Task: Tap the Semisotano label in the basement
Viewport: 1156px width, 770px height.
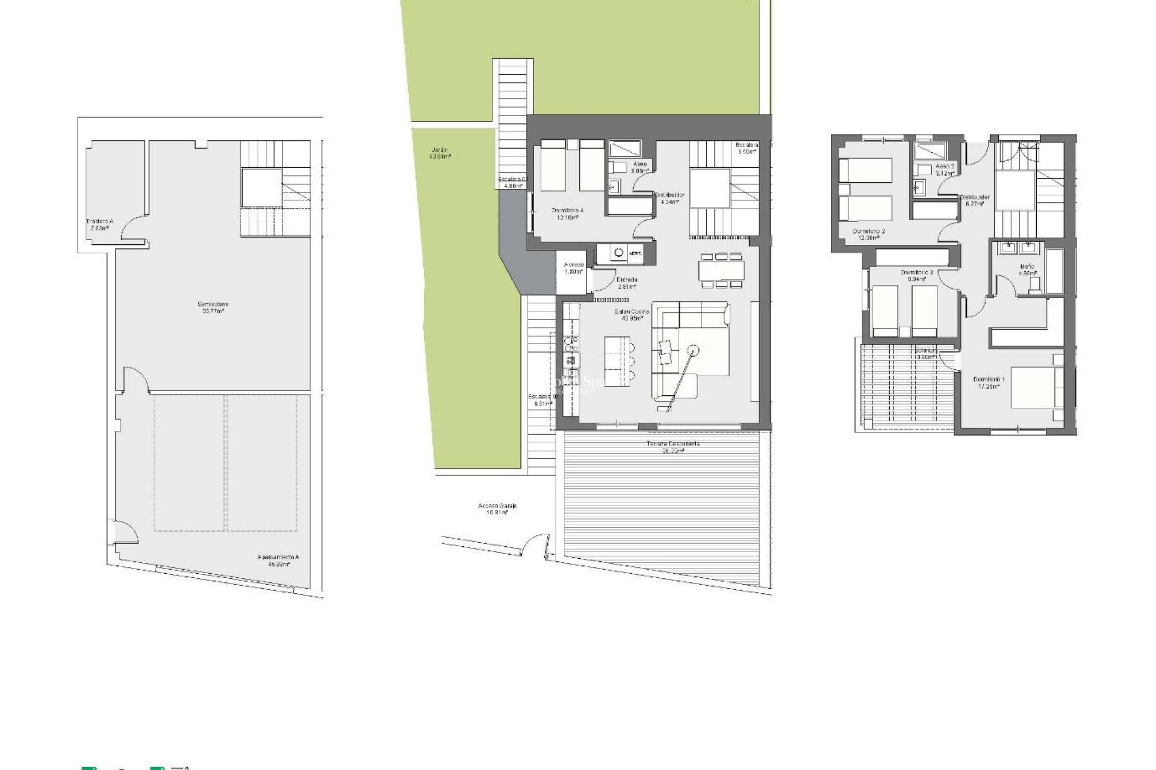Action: click(x=213, y=307)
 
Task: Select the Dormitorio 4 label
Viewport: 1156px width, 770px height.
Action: click(x=568, y=214)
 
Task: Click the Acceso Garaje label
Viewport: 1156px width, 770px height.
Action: click(x=497, y=509)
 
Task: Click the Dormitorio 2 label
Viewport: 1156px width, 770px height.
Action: click(x=869, y=234)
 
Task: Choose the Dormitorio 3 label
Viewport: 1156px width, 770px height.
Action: click(x=916, y=276)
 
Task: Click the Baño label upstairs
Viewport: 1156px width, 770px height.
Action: click(x=1027, y=269)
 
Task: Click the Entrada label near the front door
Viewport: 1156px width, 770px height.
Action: click(x=627, y=283)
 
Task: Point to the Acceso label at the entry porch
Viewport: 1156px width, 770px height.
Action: click(x=574, y=268)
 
